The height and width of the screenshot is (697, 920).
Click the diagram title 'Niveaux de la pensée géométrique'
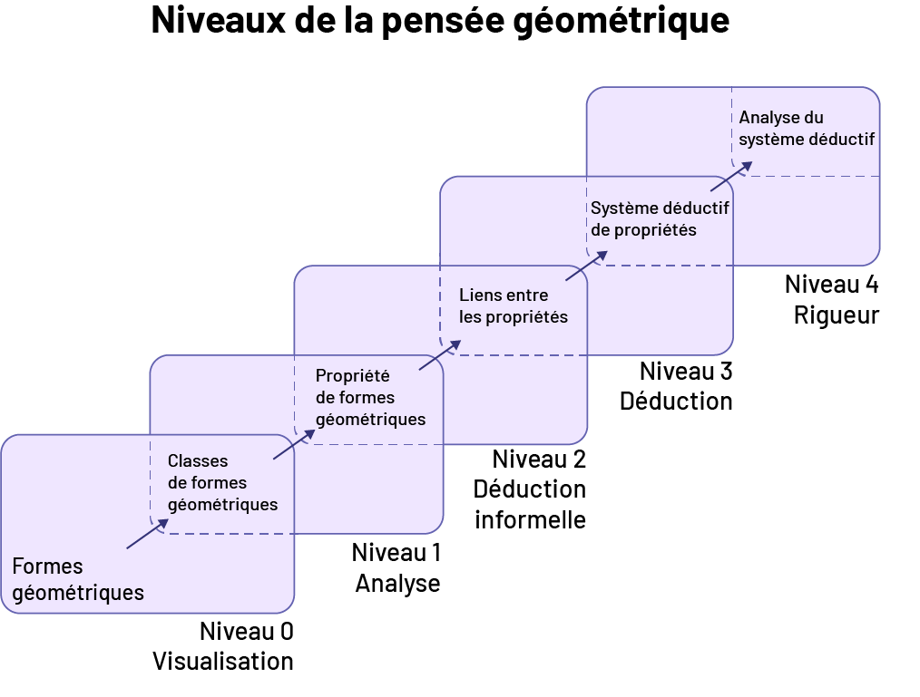[440, 21]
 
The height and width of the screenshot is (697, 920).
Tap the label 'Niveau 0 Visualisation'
[224, 645]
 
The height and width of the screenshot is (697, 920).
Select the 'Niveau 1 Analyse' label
[396, 567]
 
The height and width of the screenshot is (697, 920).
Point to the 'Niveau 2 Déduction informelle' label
[530, 489]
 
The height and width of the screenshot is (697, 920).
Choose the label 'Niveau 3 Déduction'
[676, 385]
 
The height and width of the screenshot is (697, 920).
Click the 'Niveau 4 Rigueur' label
[832, 300]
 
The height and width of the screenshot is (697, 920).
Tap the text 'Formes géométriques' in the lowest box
[78, 580]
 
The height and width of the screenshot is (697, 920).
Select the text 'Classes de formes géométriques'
[222, 483]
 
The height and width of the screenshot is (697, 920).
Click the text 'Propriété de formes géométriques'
[369, 397]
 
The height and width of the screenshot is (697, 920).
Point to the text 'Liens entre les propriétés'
[513, 306]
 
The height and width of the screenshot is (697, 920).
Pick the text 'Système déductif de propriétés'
[660, 218]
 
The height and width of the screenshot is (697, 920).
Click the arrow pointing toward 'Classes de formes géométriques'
[147, 534]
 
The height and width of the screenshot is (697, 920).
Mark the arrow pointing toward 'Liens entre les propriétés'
[439, 355]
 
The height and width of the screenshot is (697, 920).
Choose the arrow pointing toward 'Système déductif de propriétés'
[585, 266]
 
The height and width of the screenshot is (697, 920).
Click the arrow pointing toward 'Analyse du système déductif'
[731, 177]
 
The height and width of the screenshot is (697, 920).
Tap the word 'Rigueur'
[837, 315]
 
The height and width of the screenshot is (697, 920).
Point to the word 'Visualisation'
[223, 661]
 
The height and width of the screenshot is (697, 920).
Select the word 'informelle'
[530, 519]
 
